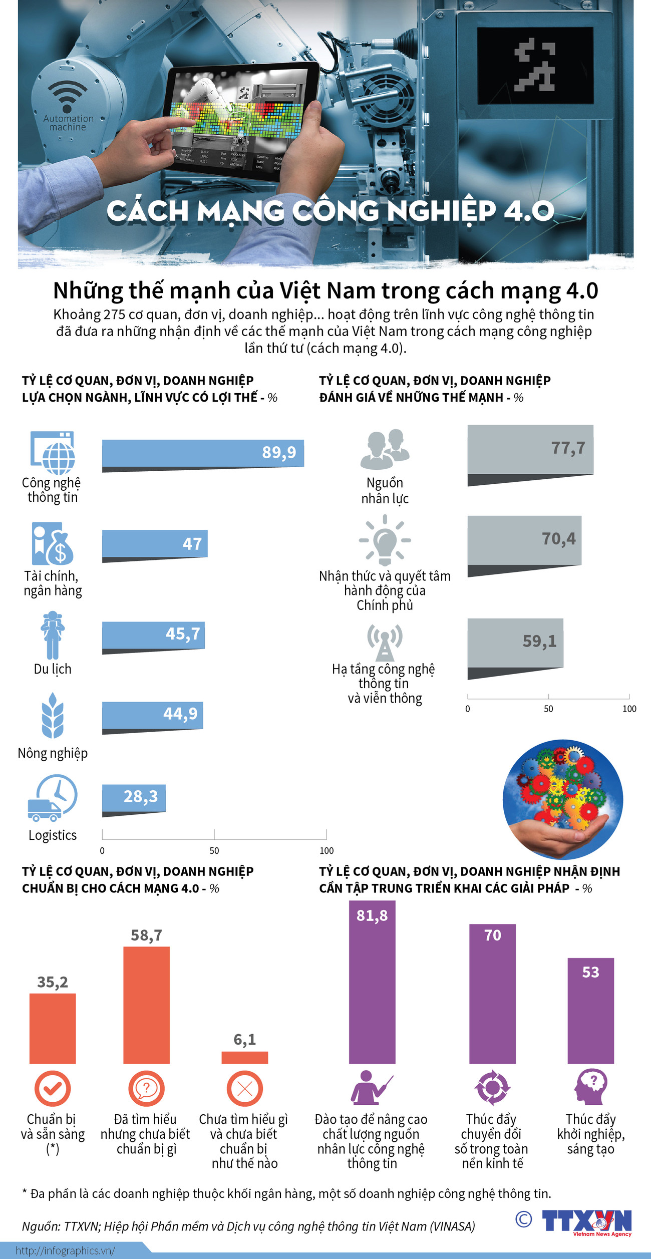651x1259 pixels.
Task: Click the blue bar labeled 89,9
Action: pos(203,453)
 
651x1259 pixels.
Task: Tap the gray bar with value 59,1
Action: pos(515,643)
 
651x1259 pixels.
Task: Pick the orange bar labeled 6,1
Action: pos(245,1057)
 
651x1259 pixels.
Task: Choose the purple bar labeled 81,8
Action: pos(372,982)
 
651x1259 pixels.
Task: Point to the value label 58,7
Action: pos(147,935)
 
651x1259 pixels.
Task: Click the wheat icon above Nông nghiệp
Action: pos(53,716)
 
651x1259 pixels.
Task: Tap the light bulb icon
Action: pos(385,540)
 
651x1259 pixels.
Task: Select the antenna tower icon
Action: pos(385,643)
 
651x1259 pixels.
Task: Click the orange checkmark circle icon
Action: pos(52,1088)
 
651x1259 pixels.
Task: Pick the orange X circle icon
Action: pos(245,1088)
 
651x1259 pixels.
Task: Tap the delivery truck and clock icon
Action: pos(53,798)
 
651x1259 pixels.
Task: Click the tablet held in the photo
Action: pos(240,120)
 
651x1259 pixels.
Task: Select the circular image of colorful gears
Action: pos(563,799)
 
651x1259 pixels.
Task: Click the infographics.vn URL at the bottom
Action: pos(65,1250)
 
